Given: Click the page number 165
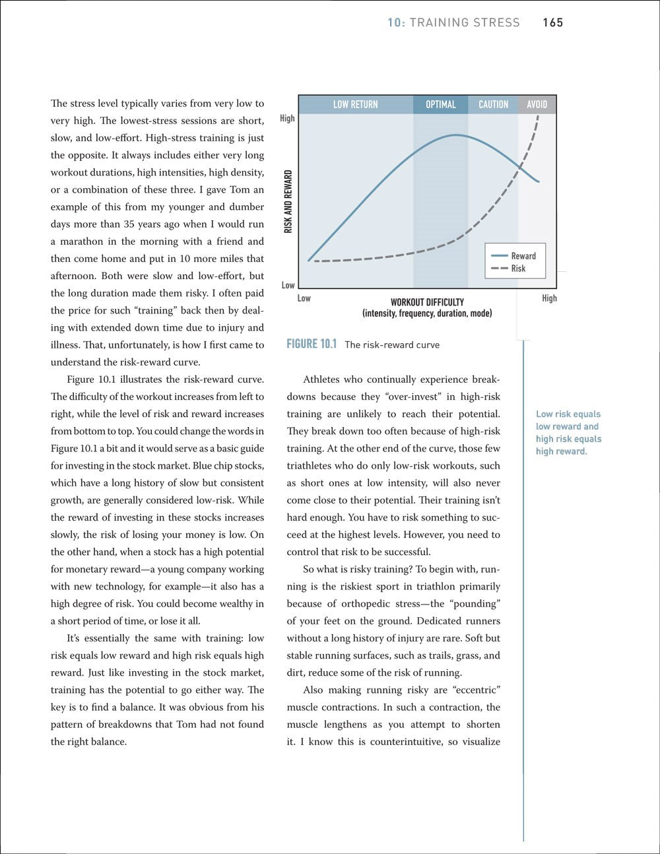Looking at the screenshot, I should click(x=552, y=23).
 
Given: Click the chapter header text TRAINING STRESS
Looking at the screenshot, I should click(x=465, y=23).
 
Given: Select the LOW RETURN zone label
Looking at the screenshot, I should click(x=355, y=104).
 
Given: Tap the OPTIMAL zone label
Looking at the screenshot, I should click(x=440, y=104).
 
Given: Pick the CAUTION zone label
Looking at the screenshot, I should click(x=493, y=104).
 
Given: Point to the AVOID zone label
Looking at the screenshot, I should click(x=537, y=104).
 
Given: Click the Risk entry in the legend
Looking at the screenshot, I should click(x=518, y=269).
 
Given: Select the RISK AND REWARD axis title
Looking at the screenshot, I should click(x=288, y=201).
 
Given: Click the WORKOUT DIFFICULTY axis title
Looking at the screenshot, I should click(x=427, y=303).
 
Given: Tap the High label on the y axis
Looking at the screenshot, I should click(x=287, y=119).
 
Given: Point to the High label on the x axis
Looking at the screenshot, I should click(x=549, y=298).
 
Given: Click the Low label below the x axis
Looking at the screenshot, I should click(x=304, y=298).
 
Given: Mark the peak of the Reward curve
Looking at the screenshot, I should click(x=456, y=135).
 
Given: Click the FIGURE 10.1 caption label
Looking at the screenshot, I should click(x=312, y=344).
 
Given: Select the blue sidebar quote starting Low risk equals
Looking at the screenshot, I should click(x=568, y=433).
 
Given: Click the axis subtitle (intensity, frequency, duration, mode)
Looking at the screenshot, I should click(x=427, y=313).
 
